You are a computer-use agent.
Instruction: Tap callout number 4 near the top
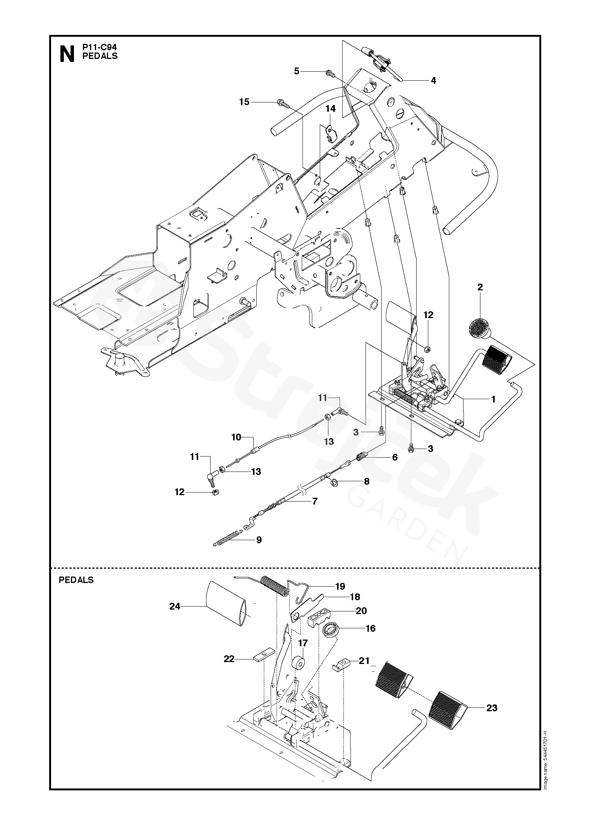(433, 80)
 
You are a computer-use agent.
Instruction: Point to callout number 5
(297, 71)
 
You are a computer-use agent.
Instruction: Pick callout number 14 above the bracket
(330, 109)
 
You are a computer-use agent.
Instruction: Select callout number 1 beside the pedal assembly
(493, 399)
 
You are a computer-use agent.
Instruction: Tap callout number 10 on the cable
(236, 437)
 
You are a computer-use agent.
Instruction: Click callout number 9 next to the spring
(259, 540)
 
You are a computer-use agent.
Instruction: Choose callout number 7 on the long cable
(315, 501)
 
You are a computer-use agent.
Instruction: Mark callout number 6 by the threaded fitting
(394, 457)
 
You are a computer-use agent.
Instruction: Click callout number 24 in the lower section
(175, 606)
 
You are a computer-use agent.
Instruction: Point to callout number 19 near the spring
(340, 586)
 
